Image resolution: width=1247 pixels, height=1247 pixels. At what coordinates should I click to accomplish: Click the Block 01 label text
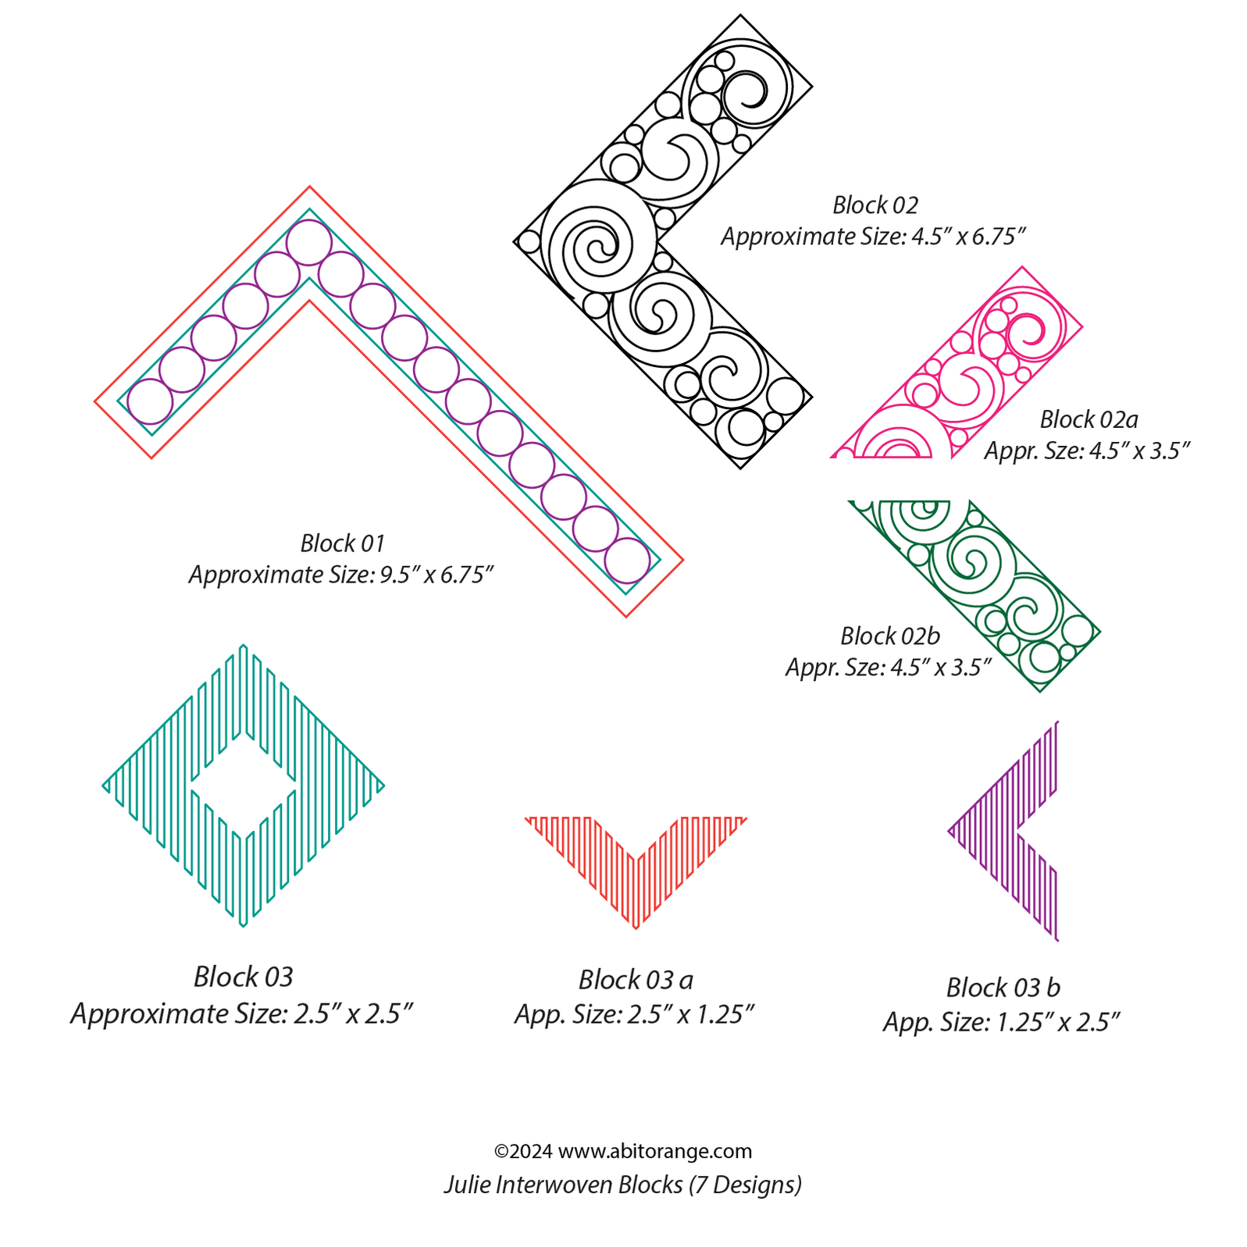[x=342, y=543]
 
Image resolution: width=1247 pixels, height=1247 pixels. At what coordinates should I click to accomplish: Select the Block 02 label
[x=875, y=205]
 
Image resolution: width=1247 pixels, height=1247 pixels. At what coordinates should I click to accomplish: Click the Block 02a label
[x=1088, y=419]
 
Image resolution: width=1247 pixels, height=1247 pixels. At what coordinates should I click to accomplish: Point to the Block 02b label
[x=889, y=636]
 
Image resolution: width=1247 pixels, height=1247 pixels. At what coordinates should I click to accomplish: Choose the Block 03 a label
[x=635, y=979]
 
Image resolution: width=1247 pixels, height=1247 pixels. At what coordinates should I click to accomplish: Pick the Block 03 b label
[x=1003, y=987]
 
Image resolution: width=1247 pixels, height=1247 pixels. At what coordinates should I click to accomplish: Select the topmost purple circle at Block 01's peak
[x=308, y=243]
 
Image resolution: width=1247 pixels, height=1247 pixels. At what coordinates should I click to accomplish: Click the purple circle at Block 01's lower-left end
[x=150, y=401]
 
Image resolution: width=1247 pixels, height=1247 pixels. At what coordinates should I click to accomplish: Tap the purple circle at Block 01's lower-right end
[x=627, y=561]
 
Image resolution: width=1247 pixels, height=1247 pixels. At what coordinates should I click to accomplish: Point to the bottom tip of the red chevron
[x=636, y=927]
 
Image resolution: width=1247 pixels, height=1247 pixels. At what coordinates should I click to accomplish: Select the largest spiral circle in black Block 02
[x=598, y=237]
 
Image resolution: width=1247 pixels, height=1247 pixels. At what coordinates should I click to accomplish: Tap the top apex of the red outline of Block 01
[x=309, y=187]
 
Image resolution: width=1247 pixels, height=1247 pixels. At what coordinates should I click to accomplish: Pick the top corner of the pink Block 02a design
[x=1021, y=268]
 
